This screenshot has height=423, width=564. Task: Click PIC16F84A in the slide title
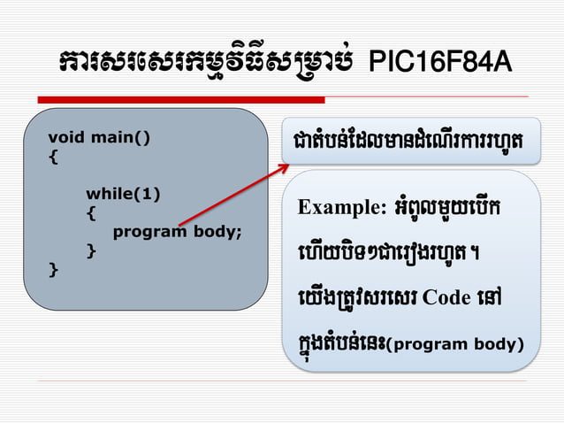tap(439, 63)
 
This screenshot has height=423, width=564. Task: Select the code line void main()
tap(99, 137)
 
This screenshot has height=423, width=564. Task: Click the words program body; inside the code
tap(177, 233)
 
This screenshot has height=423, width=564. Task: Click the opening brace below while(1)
tap(91, 213)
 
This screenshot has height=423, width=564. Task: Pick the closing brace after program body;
tap(91, 251)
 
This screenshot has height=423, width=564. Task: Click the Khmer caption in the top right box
tap(408, 142)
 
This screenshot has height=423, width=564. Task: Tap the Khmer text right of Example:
tap(448, 208)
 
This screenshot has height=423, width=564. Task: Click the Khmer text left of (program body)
tap(339, 341)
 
